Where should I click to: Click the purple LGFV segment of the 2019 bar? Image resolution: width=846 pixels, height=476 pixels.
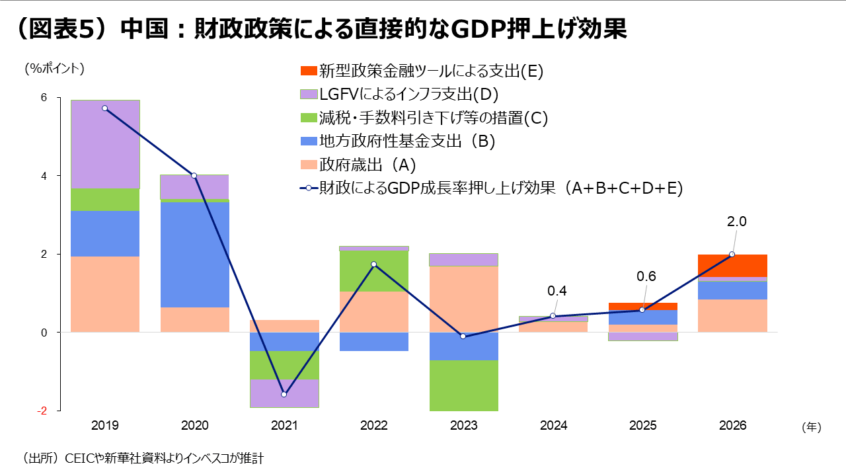[x=105, y=144]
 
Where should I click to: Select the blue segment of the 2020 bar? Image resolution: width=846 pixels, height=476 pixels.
[x=195, y=255]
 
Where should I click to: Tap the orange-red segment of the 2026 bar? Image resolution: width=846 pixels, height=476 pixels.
[x=732, y=266]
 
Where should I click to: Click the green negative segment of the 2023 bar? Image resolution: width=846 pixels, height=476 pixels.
[x=463, y=385]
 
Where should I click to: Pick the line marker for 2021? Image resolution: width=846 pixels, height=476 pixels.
[x=284, y=395]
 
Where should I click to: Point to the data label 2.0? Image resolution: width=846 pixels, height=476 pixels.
[x=736, y=222]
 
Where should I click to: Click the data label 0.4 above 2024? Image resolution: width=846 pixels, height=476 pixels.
[x=557, y=291]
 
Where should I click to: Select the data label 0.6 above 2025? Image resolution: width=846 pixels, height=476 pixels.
[x=646, y=276]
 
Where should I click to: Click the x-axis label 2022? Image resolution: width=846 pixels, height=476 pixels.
[x=373, y=426]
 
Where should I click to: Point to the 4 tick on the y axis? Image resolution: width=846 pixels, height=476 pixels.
[x=44, y=176]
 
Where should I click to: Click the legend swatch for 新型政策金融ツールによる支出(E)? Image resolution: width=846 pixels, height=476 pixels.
[x=308, y=70]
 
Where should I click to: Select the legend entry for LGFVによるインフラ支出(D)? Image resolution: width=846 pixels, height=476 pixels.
[x=408, y=94]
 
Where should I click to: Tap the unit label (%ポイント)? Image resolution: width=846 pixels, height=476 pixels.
[x=55, y=67]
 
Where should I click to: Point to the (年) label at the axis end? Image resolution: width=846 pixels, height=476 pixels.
[x=811, y=427]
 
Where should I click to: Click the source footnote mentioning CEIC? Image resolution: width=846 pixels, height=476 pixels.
[x=142, y=457]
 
